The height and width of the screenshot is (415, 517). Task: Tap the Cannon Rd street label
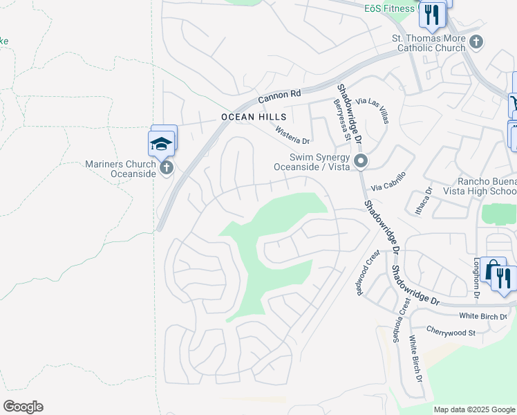click(x=281, y=96)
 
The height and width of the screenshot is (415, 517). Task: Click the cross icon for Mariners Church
click(x=166, y=168)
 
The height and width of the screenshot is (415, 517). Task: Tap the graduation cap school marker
click(x=161, y=144)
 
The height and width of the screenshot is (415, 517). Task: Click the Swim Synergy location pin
click(x=360, y=162)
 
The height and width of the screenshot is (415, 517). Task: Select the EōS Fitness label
click(x=389, y=8)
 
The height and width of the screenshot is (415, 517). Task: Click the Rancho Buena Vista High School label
click(x=484, y=186)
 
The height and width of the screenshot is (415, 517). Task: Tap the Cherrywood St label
click(x=451, y=332)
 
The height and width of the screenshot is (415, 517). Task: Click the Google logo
click(x=23, y=407)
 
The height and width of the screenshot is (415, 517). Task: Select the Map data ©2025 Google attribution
click(x=474, y=409)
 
